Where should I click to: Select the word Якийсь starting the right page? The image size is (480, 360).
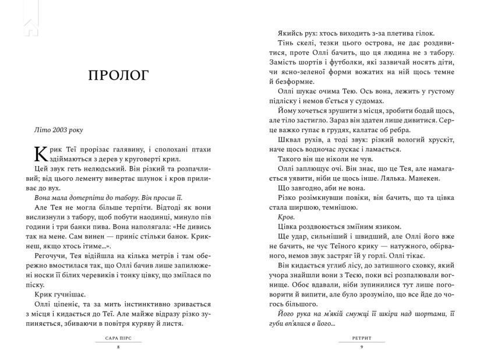click(x=291, y=34)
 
